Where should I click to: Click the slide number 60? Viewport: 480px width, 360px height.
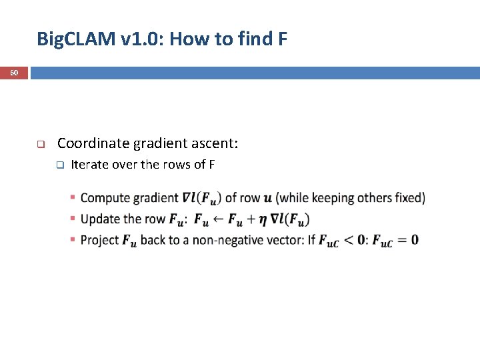pos(14,72)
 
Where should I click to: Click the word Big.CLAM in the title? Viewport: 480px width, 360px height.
pos(76,39)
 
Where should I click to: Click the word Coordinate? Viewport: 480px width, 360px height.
pos(93,143)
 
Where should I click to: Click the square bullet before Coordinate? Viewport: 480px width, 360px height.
pos(40,144)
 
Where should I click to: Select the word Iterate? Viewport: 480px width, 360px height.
pos(89,165)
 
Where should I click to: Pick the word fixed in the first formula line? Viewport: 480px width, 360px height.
pos(408,198)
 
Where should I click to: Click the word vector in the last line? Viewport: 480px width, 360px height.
pos(283,240)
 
